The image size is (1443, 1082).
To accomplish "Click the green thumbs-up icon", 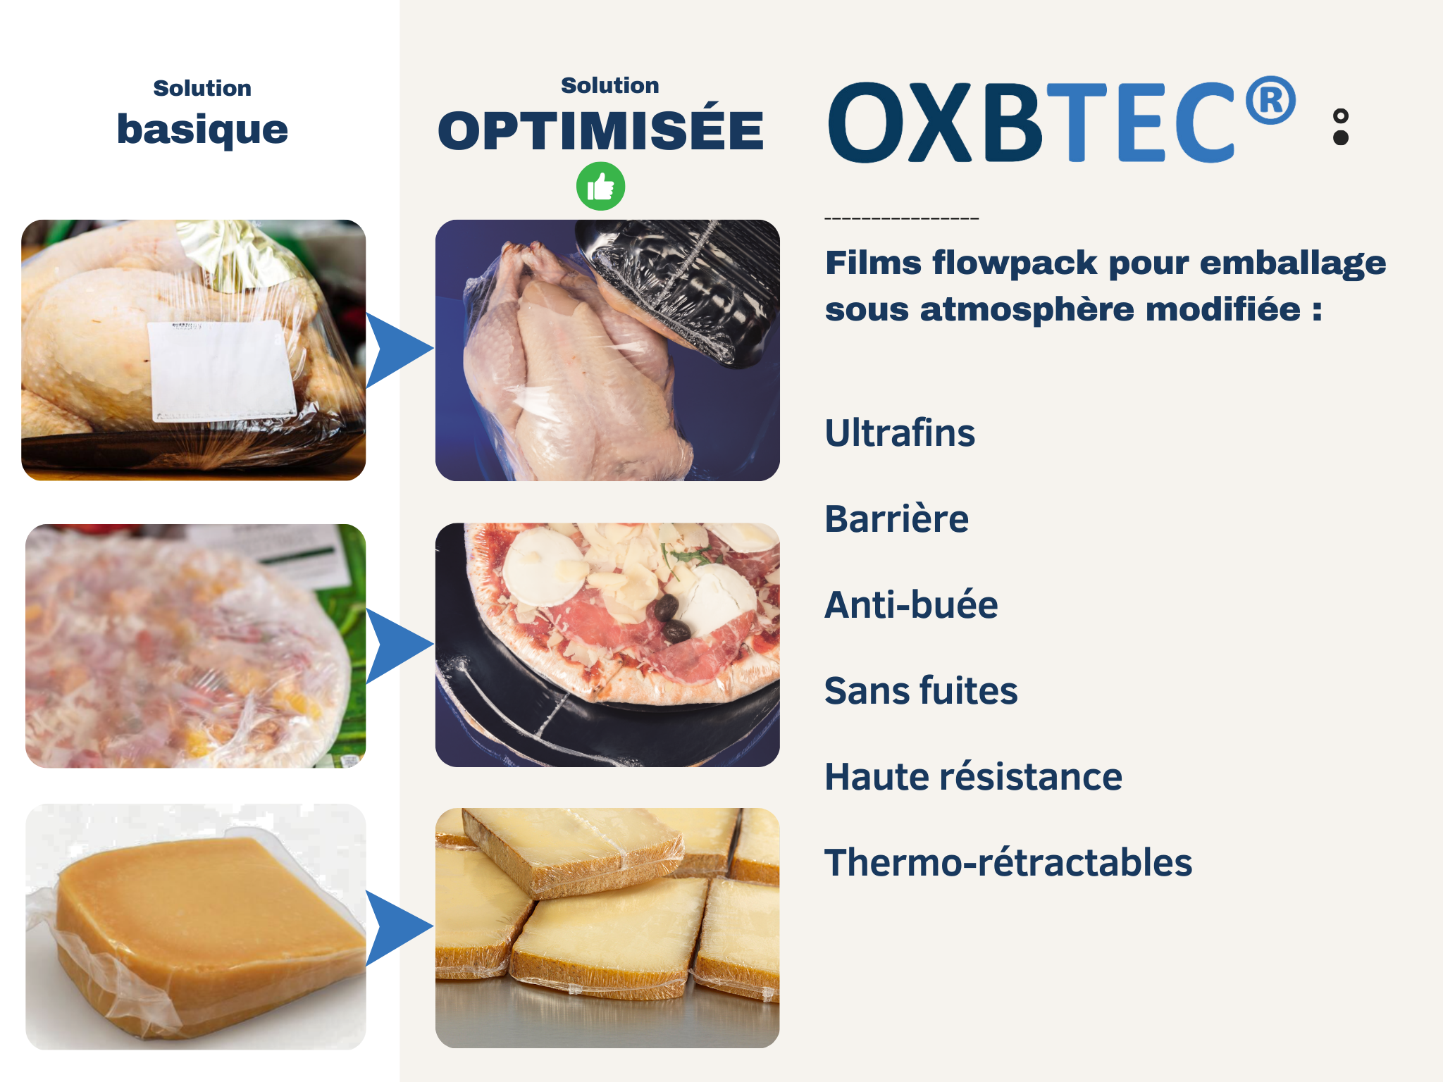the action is pyautogui.click(x=600, y=187).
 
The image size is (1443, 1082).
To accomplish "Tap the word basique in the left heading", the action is pyautogui.click(x=202, y=130).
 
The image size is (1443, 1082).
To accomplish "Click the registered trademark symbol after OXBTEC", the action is pyautogui.click(x=1270, y=100).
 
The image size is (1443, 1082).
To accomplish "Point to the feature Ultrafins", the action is pyautogui.click(x=900, y=433).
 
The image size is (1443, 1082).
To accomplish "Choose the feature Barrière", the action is pyautogui.click(x=896, y=518).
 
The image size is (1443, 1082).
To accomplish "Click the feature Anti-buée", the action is pyautogui.click(x=911, y=604).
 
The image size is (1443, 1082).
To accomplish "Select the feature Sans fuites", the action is pyautogui.click(x=921, y=690).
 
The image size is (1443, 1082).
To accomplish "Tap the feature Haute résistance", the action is pyautogui.click(x=973, y=776).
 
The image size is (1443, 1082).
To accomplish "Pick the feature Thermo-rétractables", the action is pyautogui.click(x=1008, y=862).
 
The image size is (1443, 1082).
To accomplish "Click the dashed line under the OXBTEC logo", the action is pyautogui.click(x=902, y=218).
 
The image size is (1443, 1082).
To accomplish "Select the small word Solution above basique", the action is pyautogui.click(x=202, y=88).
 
